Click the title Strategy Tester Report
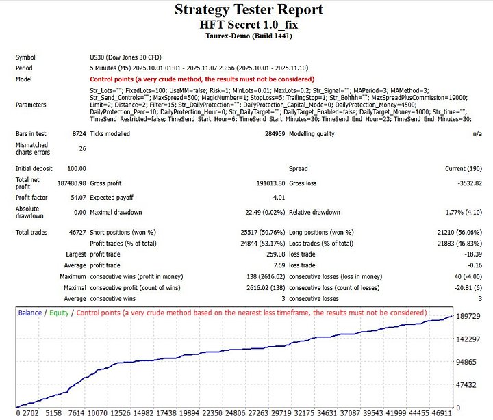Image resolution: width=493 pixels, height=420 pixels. (x=249, y=10)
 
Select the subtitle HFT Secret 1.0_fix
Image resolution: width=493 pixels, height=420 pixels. (x=249, y=24)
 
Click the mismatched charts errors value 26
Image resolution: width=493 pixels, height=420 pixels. (x=82, y=148)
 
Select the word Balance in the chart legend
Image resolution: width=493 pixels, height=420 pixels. (x=29, y=313)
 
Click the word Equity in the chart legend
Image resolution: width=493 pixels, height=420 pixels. (x=58, y=313)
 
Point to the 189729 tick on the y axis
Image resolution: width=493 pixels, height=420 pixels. (x=469, y=317)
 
